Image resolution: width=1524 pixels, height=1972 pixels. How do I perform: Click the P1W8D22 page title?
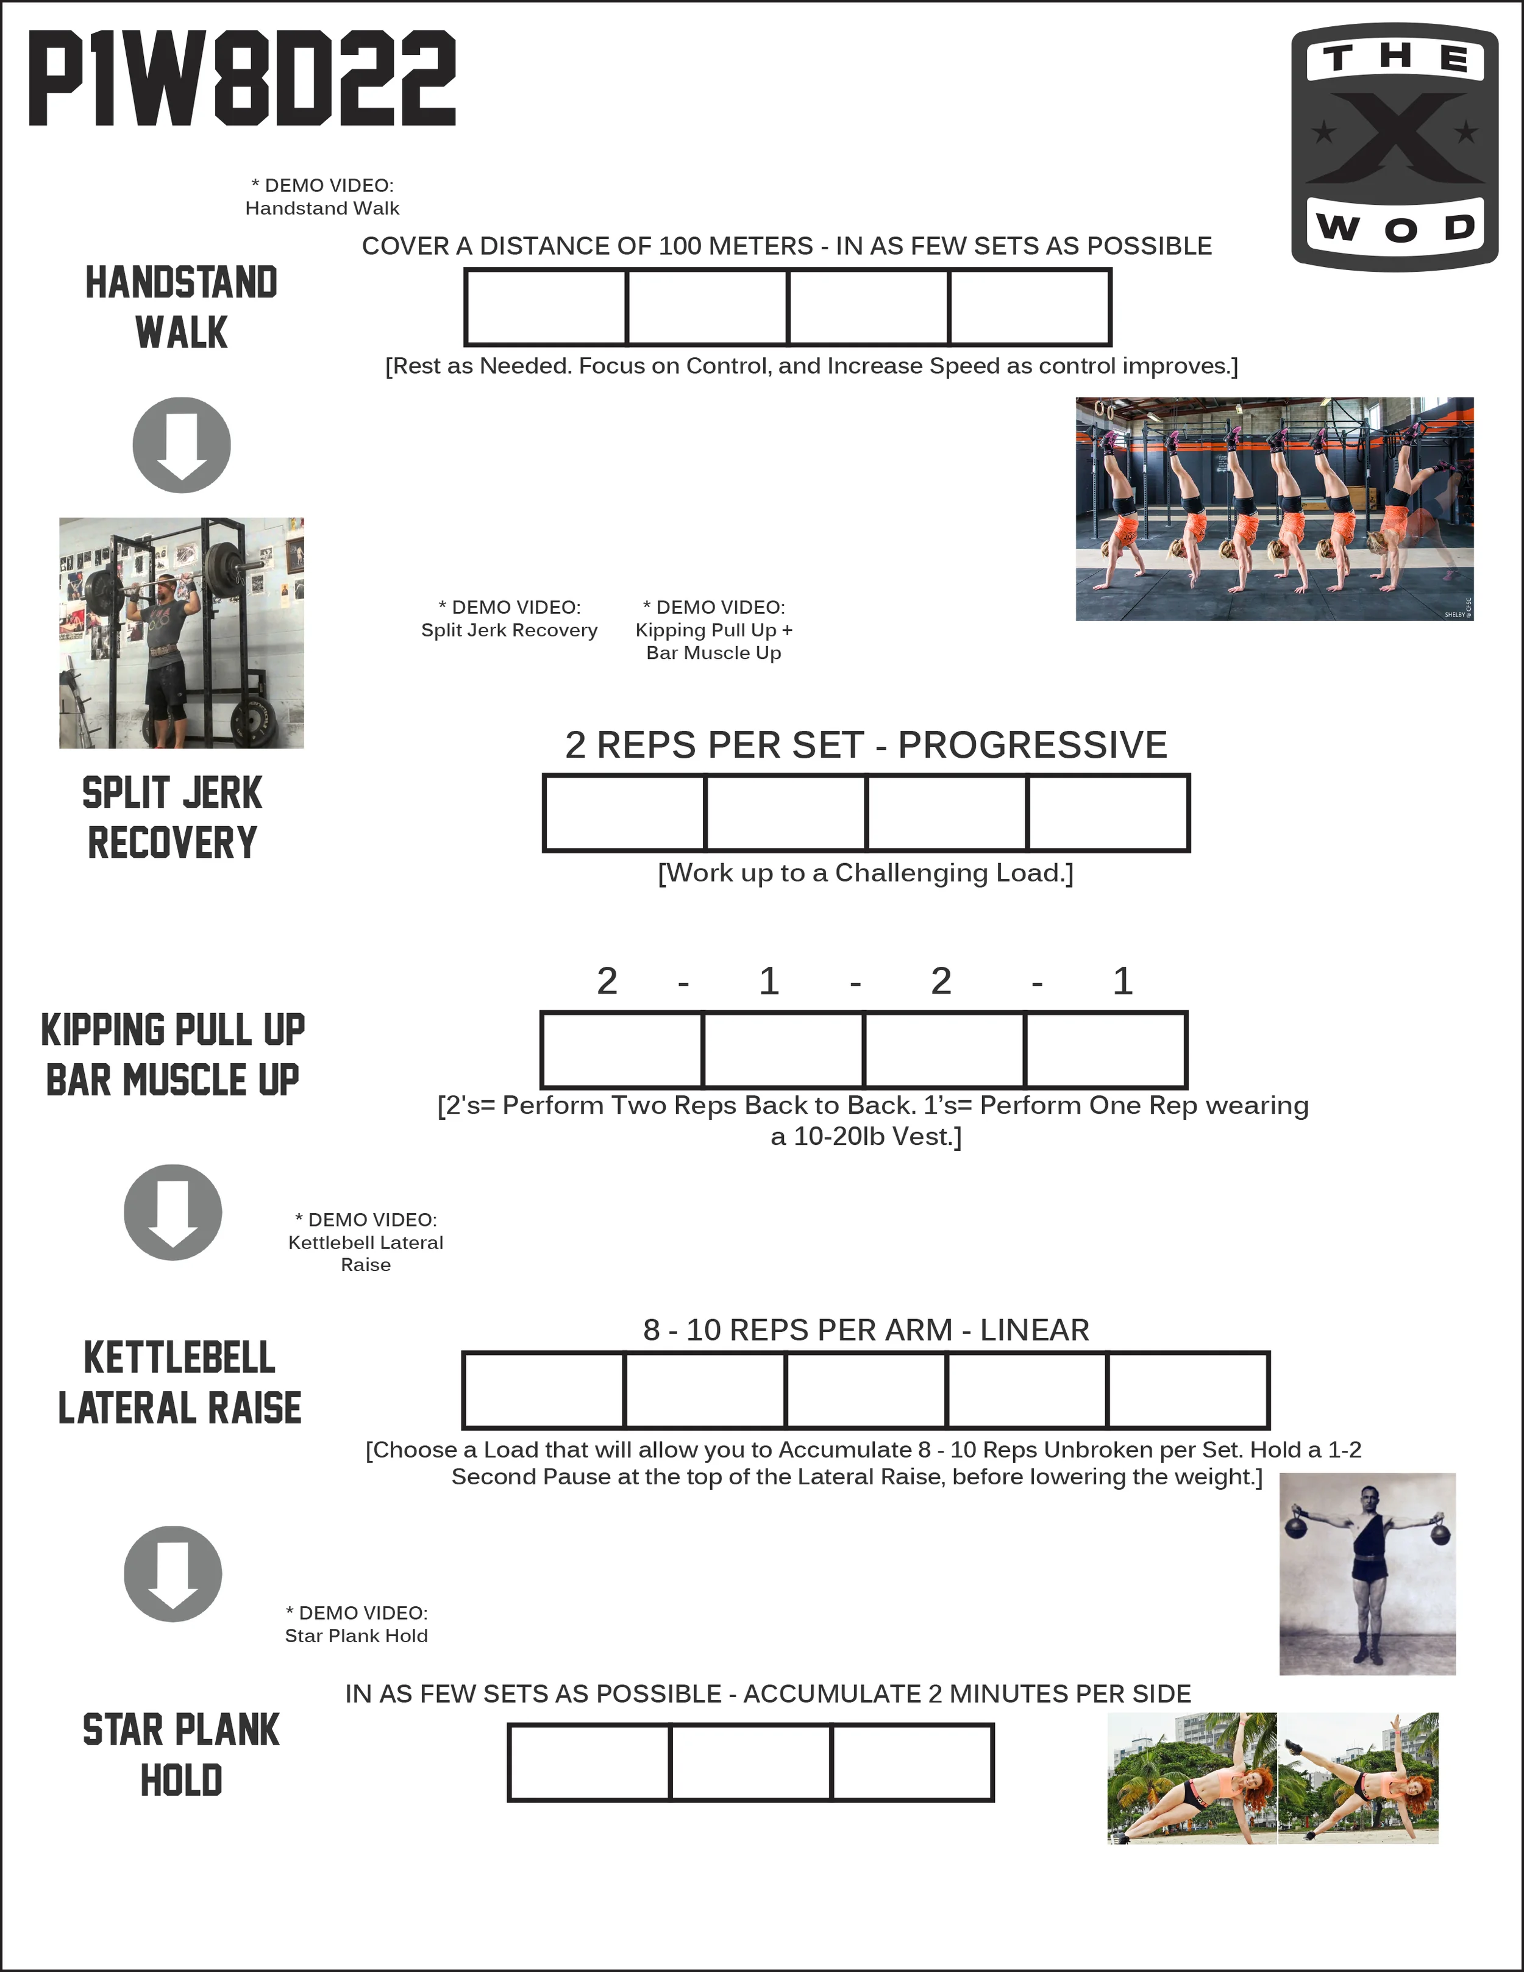coord(242,79)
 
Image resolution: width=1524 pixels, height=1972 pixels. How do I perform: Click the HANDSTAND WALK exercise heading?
coord(182,307)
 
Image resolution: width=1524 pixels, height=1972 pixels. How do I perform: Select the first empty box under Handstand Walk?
coord(546,307)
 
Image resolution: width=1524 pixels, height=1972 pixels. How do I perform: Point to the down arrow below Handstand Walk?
coord(182,445)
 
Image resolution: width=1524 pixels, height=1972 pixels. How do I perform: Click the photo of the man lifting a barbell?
coord(182,632)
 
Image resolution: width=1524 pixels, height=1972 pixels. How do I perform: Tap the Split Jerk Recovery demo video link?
coord(509,619)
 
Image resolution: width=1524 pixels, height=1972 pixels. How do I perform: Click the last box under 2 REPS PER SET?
coord(1108,813)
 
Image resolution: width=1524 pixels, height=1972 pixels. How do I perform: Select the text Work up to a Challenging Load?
coord(865,873)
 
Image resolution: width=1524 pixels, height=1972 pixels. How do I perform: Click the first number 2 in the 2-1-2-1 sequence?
coord(607,981)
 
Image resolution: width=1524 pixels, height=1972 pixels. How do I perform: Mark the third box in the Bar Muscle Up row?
coord(944,1049)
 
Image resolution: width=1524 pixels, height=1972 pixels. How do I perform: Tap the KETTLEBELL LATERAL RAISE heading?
coord(180,1383)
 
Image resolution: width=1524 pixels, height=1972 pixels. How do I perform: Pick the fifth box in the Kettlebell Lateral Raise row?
coord(1188,1390)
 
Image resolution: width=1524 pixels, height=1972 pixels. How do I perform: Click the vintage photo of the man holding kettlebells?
coord(1367,1574)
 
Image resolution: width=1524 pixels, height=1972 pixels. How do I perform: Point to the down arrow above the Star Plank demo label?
coord(173,1574)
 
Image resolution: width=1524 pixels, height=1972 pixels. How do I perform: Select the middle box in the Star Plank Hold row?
coord(750,1762)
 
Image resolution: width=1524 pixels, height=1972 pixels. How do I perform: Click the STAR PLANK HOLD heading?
coord(182,1754)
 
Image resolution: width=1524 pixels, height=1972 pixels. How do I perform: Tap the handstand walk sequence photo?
coord(1274,508)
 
